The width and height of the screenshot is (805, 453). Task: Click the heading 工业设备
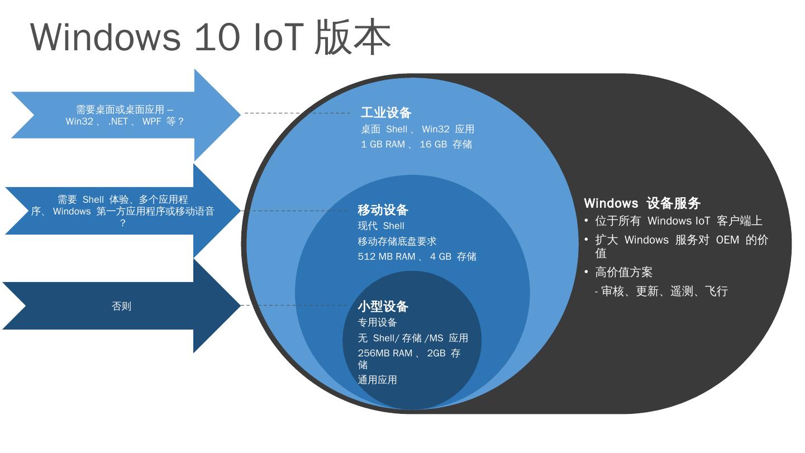point(386,113)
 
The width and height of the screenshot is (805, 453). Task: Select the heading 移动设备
point(383,210)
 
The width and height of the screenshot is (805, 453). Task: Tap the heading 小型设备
point(383,306)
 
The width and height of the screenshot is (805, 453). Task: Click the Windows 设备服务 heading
point(642,203)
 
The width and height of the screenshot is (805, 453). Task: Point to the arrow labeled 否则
point(121,306)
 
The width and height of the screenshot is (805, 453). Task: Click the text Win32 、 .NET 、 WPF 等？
point(125,121)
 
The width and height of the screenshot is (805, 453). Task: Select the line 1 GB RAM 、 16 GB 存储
point(416,145)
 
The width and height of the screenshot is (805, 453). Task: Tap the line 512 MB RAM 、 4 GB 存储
point(417,257)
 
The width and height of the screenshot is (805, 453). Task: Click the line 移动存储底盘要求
point(397,241)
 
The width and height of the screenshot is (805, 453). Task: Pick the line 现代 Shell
point(381,226)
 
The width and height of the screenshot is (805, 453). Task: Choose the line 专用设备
point(377,322)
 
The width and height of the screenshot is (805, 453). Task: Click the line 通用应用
point(377,380)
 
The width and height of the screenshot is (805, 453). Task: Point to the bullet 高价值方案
point(623,273)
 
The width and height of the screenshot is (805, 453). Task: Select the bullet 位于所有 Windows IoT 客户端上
point(678,221)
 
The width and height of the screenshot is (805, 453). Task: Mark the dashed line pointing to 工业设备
point(298,113)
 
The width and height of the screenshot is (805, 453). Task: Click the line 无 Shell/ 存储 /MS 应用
point(413,338)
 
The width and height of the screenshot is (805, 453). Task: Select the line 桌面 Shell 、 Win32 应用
point(417,129)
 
